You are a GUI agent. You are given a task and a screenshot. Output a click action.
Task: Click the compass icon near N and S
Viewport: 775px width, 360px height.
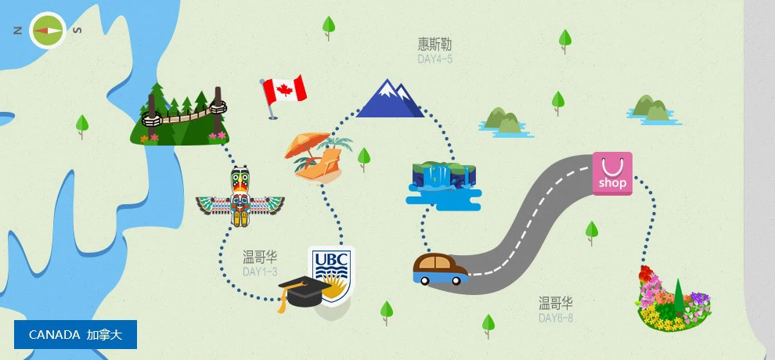pos(47,31)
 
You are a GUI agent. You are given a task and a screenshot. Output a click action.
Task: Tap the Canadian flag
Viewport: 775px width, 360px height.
pos(284,92)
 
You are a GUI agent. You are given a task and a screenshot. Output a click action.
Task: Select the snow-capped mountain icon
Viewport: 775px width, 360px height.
pos(389,99)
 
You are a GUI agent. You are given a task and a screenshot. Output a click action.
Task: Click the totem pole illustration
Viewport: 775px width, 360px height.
pos(240,198)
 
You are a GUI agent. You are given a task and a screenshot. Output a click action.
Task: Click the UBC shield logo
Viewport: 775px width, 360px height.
pos(332,274)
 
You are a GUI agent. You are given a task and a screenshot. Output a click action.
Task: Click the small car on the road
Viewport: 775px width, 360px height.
pos(440,268)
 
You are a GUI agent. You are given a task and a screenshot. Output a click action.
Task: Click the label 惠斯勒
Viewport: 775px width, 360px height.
pos(434,44)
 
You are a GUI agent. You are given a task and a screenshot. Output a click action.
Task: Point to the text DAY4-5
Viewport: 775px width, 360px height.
pos(434,59)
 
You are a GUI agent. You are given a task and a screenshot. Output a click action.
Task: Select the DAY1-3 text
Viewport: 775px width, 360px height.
pos(260,272)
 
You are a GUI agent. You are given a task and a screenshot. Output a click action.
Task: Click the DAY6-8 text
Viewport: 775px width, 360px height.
pos(556,318)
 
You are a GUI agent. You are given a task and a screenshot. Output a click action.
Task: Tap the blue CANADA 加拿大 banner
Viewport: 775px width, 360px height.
pos(75,334)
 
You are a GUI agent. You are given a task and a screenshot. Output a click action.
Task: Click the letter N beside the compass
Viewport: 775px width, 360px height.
pos(17,31)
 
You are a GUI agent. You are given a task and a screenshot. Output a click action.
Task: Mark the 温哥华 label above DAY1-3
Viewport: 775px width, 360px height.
pos(260,257)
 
